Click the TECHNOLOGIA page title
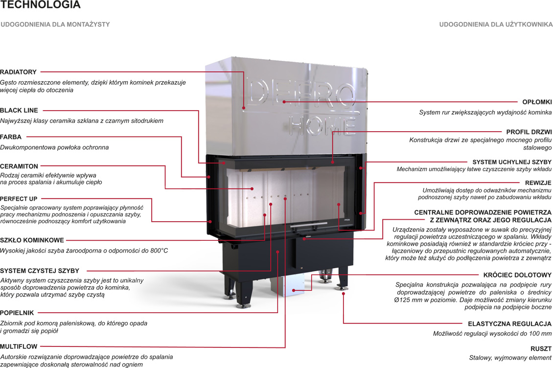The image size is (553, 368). tap(41, 5)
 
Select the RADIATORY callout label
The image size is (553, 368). tap(18, 72)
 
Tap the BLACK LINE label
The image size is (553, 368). tap(19, 110)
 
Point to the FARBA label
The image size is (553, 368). tap(11, 137)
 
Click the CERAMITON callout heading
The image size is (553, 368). tap(19, 166)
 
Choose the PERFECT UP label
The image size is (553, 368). tap(19, 199)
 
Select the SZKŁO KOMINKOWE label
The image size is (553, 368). tap(32, 240)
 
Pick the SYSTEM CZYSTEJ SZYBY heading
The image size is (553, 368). tap(40, 271)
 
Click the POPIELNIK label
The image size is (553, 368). tap(17, 312)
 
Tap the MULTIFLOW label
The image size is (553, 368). tap(19, 346)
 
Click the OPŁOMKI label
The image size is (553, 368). tap(537, 102)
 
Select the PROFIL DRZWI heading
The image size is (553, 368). tap(529, 132)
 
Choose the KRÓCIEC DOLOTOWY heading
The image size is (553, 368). tap(517, 275)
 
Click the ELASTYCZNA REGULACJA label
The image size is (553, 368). tap(509, 324)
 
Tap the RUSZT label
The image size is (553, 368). tap(541, 349)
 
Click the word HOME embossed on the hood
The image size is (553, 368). tap(322, 125)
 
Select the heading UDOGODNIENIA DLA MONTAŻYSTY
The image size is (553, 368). tap(55, 24)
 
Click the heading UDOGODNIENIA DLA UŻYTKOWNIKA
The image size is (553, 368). tap(496, 24)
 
